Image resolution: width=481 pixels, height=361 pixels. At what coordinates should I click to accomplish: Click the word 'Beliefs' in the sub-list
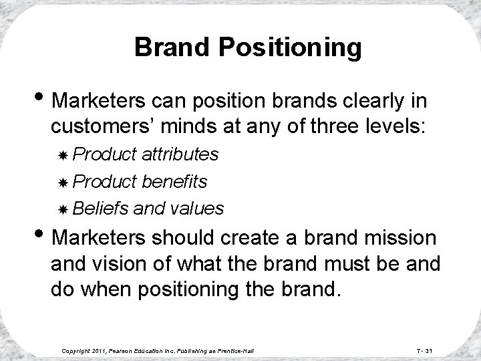101,209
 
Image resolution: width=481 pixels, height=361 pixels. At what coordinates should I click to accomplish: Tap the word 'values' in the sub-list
197,209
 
